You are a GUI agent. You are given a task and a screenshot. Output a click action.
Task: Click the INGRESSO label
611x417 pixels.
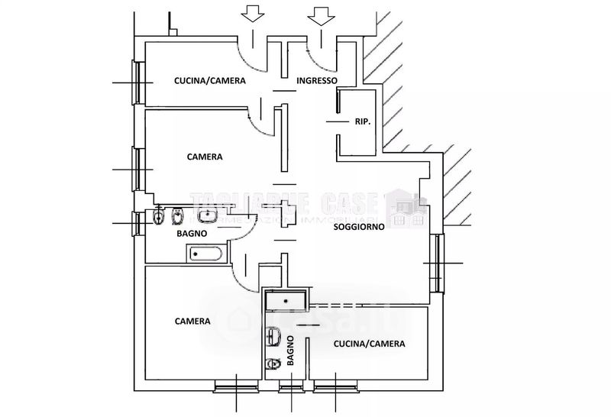[x=317, y=81]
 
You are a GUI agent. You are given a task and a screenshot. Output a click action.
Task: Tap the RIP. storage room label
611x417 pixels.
[x=363, y=121]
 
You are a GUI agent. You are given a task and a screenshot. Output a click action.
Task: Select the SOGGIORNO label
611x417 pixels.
[x=358, y=227]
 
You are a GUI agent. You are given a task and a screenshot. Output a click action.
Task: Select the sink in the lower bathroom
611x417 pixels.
[x=274, y=336]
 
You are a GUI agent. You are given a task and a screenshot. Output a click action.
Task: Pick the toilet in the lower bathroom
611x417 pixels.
[x=273, y=363]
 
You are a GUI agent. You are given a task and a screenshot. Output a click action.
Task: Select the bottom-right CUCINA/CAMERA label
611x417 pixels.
[x=370, y=344]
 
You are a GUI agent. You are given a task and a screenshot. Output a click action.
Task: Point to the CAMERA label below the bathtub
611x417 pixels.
[x=192, y=322]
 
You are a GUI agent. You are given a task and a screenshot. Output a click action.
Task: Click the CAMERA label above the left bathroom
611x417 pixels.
[x=205, y=157]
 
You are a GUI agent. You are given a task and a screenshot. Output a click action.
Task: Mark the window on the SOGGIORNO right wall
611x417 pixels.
[x=438, y=263]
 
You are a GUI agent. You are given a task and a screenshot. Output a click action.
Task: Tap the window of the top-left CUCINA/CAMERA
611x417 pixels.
[x=138, y=82]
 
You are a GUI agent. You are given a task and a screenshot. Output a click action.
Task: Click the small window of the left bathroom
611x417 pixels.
[x=137, y=223]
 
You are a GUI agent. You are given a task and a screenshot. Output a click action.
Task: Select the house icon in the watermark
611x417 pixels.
[x=406, y=208]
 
